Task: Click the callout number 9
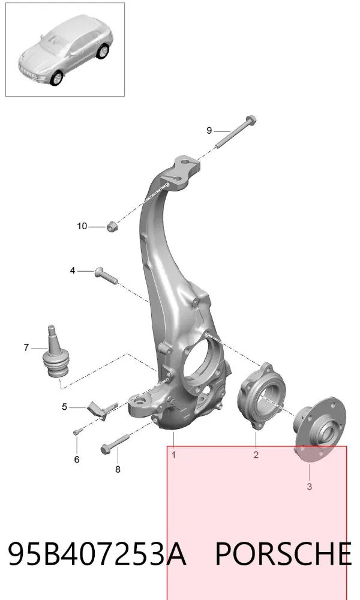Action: tap(209, 130)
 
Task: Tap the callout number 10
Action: tap(82, 226)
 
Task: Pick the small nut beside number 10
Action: tap(112, 227)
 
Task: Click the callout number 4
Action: tap(73, 271)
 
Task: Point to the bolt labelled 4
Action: tap(106, 276)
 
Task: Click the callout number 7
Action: tap(26, 347)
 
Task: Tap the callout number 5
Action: tap(64, 406)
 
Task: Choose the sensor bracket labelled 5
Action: tap(102, 410)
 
